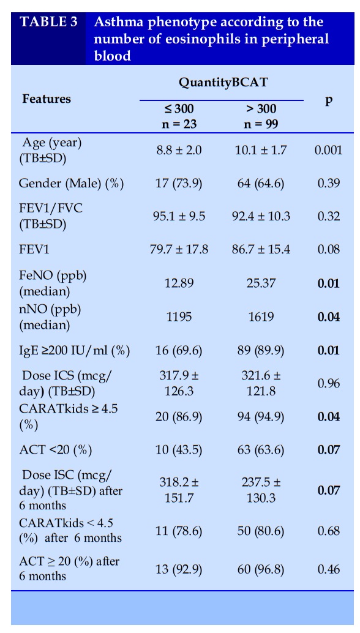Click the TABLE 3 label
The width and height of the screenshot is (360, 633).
click(x=48, y=21)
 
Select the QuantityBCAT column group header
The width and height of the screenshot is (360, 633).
click(x=223, y=83)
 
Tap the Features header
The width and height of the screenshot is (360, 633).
click(x=47, y=99)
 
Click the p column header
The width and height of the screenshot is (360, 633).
click(x=329, y=100)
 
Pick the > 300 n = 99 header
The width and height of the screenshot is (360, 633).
click(x=261, y=116)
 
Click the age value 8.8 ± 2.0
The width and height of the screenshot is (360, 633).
click(x=179, y=151)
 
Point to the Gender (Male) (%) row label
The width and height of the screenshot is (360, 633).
click(x=71, y=184)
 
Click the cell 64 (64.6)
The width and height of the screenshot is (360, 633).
click(x=261, y=184)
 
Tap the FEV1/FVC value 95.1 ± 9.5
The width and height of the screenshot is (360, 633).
click(x=179, y=216)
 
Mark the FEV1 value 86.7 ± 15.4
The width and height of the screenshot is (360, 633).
click(x=261, y=250)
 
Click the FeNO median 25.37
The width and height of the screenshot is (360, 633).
click(x=261, y=283)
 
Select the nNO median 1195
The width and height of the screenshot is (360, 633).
click(x=179, y=316)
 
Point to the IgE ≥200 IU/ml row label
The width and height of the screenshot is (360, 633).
click(x=74, y=350)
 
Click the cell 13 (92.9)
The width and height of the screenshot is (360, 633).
click(x=179, y=569)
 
